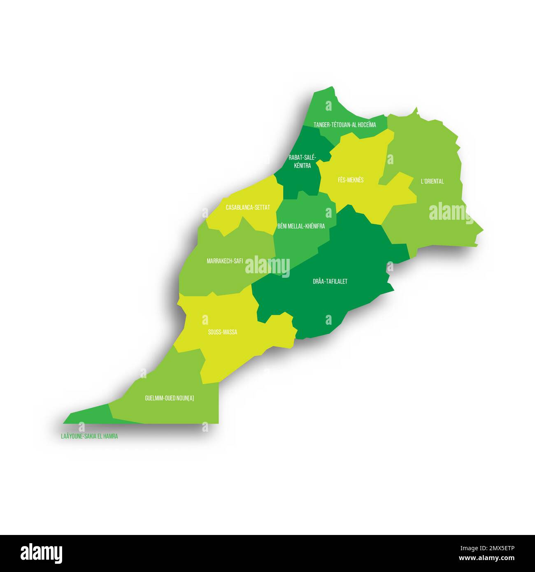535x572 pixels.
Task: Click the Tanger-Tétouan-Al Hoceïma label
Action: point(344,125)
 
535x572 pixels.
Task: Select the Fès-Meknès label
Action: point(351,180)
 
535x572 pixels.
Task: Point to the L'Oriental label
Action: point(432,181)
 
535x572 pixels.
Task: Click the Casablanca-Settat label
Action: point(248,207)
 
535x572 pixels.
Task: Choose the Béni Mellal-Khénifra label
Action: point(301,226)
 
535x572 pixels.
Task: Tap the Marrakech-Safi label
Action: point(225,260)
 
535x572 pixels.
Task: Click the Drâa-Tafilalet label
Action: point(330,281)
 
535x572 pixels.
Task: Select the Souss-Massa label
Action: point(222,332)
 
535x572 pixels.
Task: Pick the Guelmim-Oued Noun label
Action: point(169,398)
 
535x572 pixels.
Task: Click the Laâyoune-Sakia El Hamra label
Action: point(89,436)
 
